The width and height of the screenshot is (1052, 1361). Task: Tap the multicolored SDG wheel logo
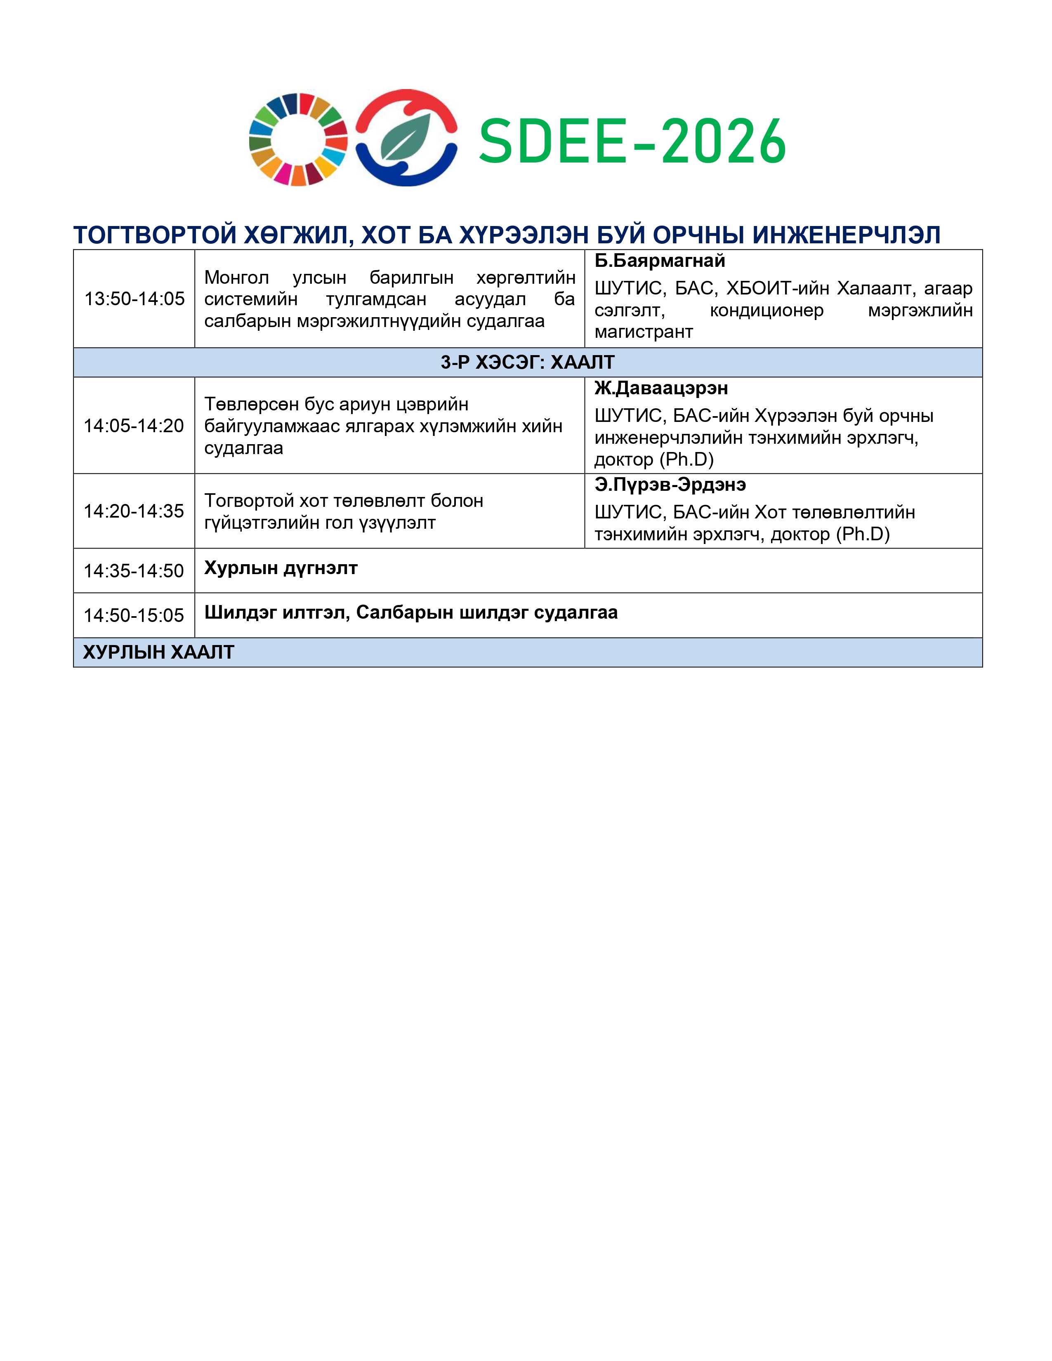tap(298, 139)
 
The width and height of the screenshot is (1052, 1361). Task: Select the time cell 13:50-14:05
tap(134, 299)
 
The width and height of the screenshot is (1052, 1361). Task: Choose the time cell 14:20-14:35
tap(134, 511)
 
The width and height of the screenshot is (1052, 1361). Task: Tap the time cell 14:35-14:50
tap(134, 571)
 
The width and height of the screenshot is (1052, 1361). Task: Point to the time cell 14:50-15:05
tap(134, 616)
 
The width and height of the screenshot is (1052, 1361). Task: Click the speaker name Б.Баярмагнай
tap(659, 261)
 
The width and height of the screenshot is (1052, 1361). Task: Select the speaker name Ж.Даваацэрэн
tap(660, 388)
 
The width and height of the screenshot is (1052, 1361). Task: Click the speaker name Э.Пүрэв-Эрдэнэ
tap(670, 485)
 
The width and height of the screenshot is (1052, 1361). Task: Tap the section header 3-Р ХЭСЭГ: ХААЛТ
tap(527, 362)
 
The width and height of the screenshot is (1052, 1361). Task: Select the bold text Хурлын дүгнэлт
tap(281, 568)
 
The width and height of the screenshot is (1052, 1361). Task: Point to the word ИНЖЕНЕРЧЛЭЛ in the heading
tap(846, 235)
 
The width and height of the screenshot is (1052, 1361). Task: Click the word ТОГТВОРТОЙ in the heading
tap(155, 235)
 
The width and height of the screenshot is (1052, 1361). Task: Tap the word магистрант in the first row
tap(643, 332)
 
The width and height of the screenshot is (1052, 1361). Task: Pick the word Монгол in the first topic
tap(236, 277)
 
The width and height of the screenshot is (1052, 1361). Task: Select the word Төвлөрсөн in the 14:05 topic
tap(251, 405)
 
